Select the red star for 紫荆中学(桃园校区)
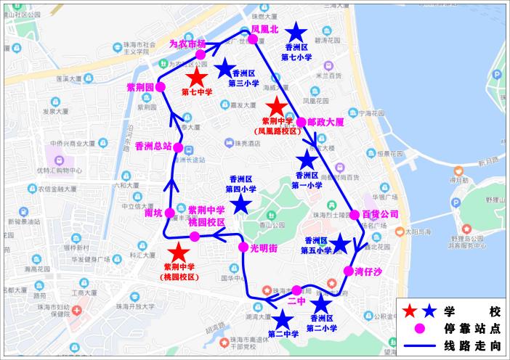tap(178, 253)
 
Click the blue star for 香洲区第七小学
tap(296, 32)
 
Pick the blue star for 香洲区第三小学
tap(225, 68)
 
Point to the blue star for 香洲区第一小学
tap(307, 160)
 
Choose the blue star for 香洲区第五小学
tap(339, 244)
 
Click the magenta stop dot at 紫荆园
tap(161, 87)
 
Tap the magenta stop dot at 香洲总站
tap(177, 146)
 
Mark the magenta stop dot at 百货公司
tap(355, 215)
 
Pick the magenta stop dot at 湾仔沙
tap(349, 271)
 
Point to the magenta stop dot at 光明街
tap(244, 247)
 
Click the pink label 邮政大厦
tap(325, 123)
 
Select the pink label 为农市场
tap(187, 44)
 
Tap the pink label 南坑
tap(153, 213)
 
